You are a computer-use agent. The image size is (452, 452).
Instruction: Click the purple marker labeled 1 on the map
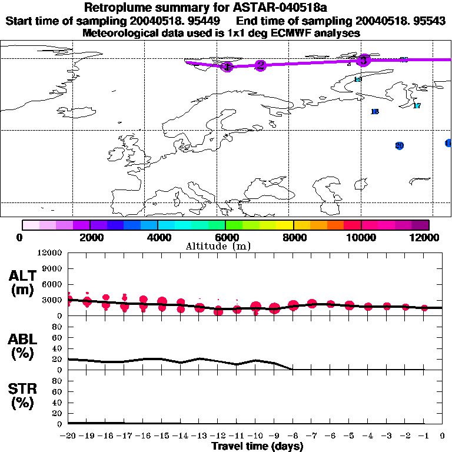point(227,67)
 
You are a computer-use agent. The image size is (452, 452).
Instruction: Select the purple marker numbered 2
point(260,65)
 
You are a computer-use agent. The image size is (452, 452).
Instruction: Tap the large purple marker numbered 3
point(364,60)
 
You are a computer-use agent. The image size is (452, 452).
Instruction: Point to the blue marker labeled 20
point(400,145)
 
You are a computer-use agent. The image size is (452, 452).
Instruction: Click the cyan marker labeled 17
point(417,106)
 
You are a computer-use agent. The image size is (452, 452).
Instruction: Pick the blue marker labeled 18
point(375,112)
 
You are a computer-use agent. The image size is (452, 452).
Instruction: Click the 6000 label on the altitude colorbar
point(226,237)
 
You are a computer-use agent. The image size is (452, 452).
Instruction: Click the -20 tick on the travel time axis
point(69,437)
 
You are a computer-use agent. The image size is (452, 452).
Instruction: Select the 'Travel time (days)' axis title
point(257,447)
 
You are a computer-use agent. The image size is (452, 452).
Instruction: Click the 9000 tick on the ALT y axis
point(52,268)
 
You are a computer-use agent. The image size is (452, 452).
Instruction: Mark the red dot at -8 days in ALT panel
point(293,306)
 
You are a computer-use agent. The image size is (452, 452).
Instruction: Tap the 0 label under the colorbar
point(22,237)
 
